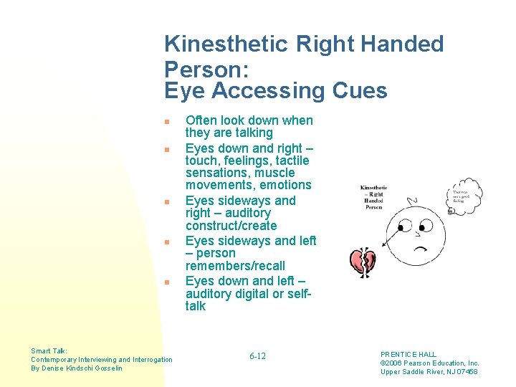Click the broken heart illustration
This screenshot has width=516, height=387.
(x=363, y=262)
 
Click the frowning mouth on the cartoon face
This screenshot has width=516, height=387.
(x=422, y=251)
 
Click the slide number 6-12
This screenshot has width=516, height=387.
(x=257, y=356)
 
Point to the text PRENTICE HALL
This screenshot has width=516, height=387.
(x=408, y=354)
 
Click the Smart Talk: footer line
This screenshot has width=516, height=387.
(x=49, y=350)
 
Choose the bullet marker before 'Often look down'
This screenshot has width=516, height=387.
(x=166, y=121)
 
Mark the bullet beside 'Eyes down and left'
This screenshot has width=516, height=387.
(x=166, y=282)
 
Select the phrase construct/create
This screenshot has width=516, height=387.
(x=231, y=226)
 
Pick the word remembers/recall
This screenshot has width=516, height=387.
(x=235, y=266)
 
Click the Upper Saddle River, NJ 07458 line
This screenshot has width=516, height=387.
(x=429, y=371)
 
